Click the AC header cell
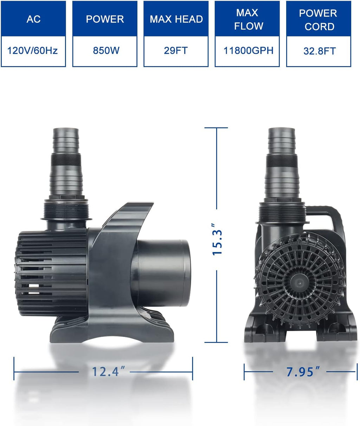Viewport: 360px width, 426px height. point(33,19)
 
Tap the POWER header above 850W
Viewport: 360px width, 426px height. point(105,19)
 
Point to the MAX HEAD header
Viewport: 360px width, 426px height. point(176,19)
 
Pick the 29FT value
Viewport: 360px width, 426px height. point(176,51)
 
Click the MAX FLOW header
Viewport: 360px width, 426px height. point(247,19)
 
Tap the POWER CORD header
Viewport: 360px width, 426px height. point(319,20)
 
